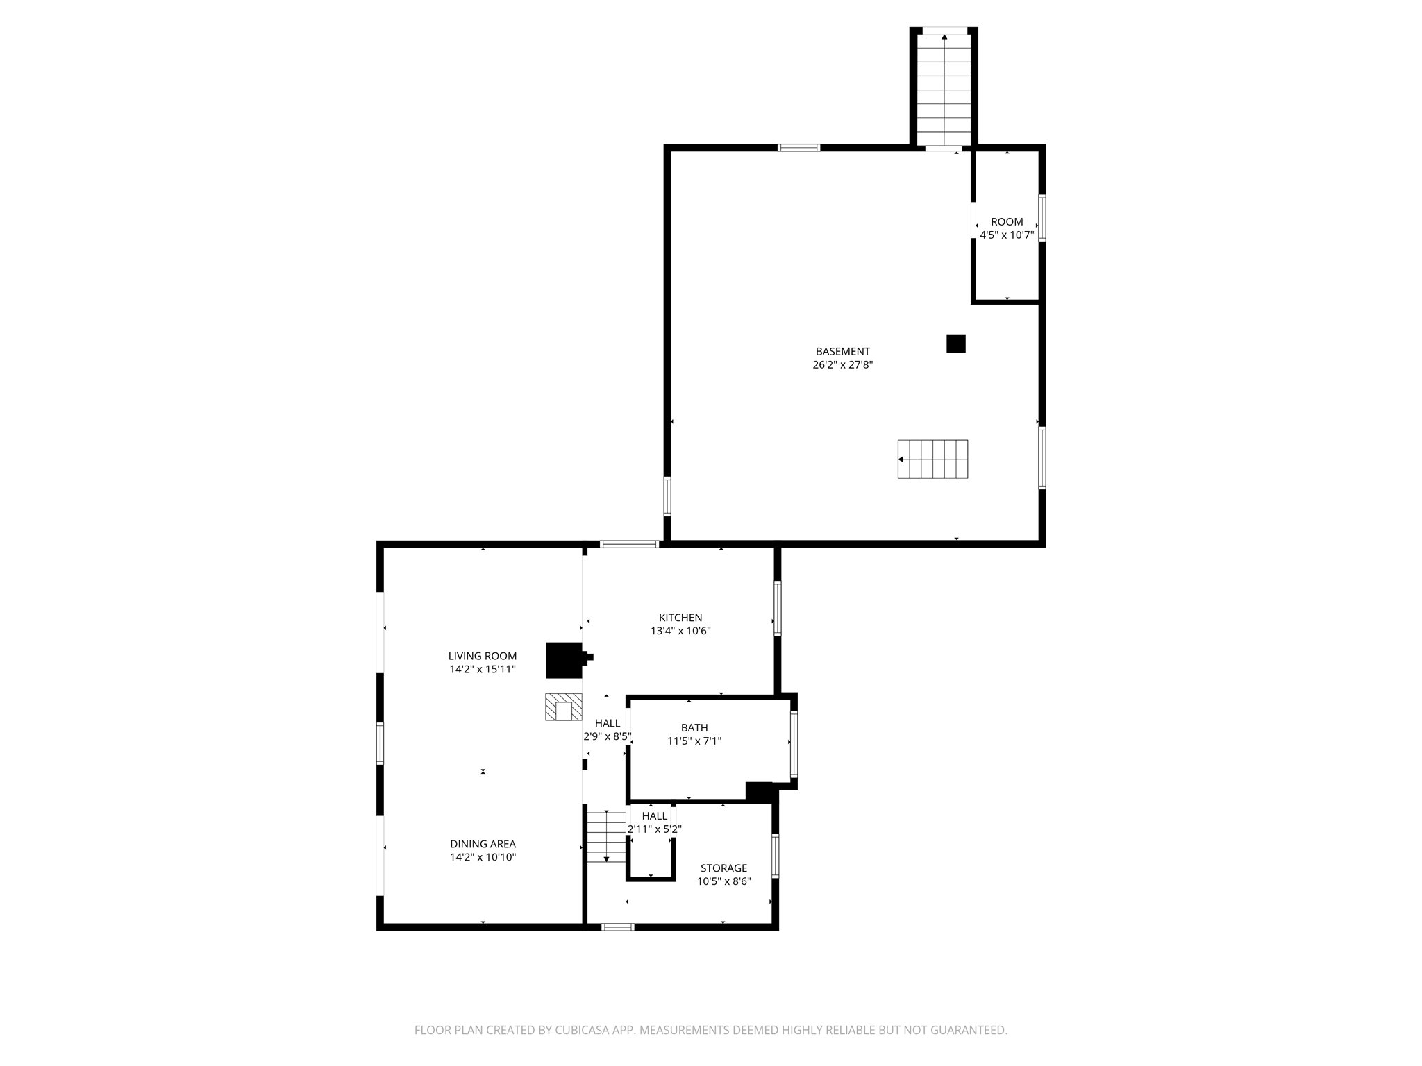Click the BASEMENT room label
coord(842,352)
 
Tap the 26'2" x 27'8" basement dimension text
coord(842,365)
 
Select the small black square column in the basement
coord(955,344)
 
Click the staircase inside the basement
coord(932,459)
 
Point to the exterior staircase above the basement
coord(944,89)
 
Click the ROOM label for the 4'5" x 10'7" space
coord(1007,222)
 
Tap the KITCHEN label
coord(680,618)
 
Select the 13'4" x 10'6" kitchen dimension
coord(680,632)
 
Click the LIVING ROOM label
coord(483,656)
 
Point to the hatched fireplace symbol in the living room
coord(563,707)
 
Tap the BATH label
coord(694,727)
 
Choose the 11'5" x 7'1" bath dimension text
coord(694,741)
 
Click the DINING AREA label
coord(483,844)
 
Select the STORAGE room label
coord(723,868)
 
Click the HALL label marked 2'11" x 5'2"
coord(655,816)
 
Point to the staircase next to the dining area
coord(607,836)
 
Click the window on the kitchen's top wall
coord(629,544)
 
